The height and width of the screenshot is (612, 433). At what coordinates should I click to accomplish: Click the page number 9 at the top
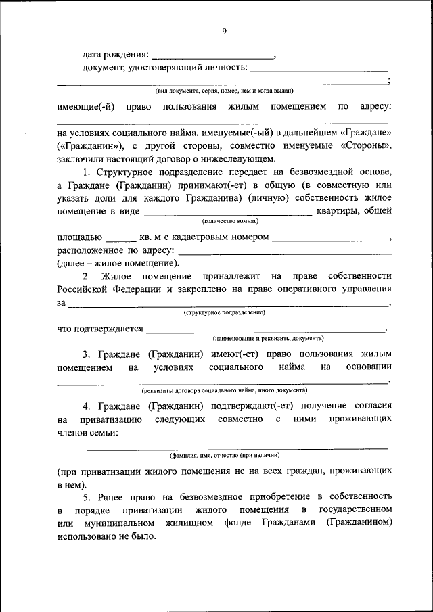pyautogui.click(x=224, y=30)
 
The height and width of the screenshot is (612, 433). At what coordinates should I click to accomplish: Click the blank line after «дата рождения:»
pyautogui.click(x=212, y=55)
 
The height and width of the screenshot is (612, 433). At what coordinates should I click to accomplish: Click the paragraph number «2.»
pyautogui.click(x=87, y=277)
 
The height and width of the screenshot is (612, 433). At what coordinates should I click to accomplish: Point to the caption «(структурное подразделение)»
pyautogui.click(x=224, y=313)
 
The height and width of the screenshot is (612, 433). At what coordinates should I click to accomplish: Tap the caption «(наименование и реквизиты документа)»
pyautogui.click(x=267, y=338)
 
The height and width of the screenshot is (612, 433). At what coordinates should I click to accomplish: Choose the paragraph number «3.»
pyautogui.click(x=87, y=354)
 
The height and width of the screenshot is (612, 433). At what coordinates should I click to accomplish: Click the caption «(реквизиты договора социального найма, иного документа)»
pyautogui.click(x=224, y=391)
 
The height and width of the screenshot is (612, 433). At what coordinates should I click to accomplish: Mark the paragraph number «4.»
pyautogui.click(x=87, y=406)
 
